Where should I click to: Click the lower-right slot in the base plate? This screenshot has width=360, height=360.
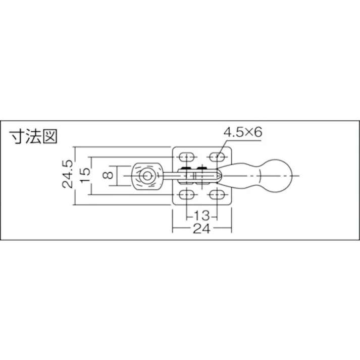tap(218, 195)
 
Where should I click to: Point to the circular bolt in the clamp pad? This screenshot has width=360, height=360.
tap(146, 176)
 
